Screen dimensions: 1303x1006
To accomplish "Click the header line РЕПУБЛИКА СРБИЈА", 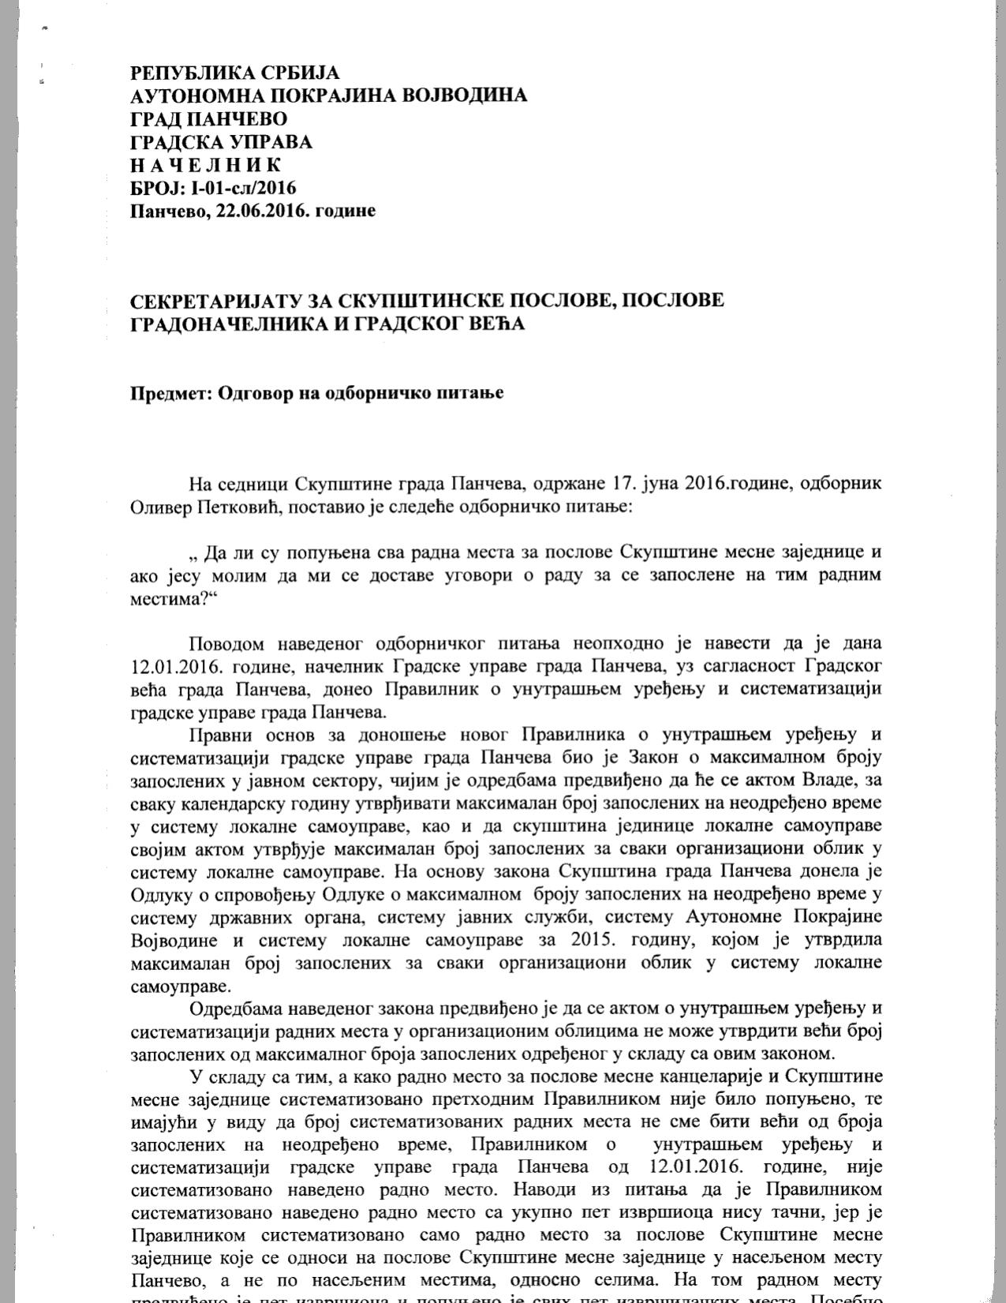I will pos(234,73).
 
